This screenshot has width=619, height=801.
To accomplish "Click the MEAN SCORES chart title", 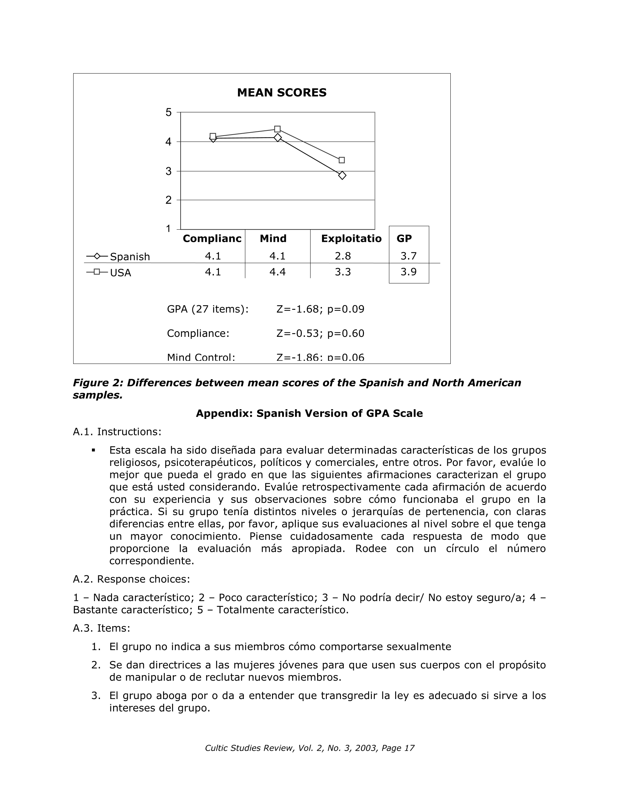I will pos(281,92).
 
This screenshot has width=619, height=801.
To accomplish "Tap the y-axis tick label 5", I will pos(168,112).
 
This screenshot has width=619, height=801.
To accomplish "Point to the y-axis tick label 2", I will pos(168,200).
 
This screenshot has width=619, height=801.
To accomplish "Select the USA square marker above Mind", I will pos(277,129).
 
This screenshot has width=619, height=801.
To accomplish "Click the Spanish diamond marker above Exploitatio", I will pos(342,176).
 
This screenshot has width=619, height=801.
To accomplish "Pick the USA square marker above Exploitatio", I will pos(342,160).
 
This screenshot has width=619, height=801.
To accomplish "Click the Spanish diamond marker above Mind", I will pos(277,137).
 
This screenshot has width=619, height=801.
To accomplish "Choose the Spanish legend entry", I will pos(118,256).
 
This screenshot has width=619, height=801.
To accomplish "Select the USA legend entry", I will pos(109,273).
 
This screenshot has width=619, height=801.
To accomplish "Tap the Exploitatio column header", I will pos(351,238).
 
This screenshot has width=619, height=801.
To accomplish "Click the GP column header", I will pos(404,238).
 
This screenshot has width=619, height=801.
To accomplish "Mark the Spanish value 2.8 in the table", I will pos(343,256).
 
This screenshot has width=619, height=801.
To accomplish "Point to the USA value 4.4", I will pos(277,272).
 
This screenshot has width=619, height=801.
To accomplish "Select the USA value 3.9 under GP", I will pos(408,272).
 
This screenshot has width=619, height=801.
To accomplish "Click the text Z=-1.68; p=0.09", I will pos(320,309).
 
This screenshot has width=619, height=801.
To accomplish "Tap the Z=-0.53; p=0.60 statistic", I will pos(320,333).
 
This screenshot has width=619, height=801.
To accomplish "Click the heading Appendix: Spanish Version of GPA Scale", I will pos(309,414).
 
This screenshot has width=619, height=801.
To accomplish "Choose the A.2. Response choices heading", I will pos(132,579).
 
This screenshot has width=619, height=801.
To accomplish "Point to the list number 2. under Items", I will pos(96,665).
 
